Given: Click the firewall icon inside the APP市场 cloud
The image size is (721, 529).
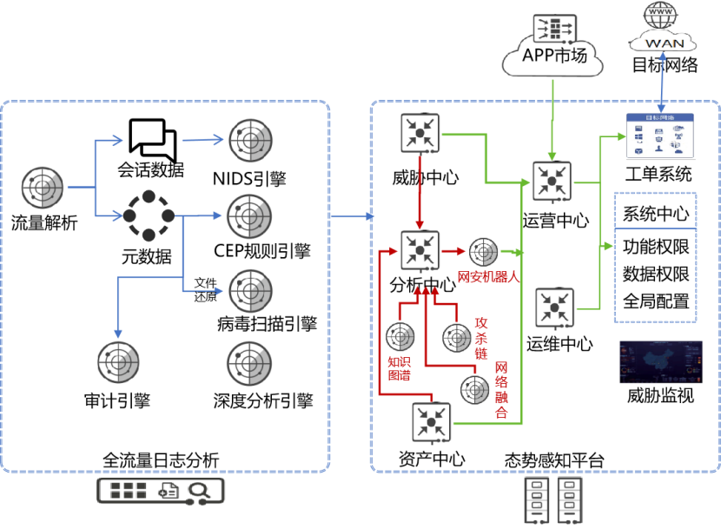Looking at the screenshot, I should (x=552, y=29).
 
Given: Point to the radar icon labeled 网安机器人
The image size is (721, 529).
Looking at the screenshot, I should (x=482, y=252).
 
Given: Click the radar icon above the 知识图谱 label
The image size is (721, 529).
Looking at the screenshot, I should (x=400, y=336).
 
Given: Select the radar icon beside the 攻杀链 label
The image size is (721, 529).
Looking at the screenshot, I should (x=456, y=336).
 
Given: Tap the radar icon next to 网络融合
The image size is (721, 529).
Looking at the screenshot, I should (x=475, y=389).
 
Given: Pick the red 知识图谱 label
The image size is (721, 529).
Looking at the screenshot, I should (x=399, y=367).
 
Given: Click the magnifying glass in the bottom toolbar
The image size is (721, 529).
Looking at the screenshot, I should (x=199, y=491).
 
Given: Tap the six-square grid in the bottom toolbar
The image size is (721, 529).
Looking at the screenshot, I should (x=129, y=491).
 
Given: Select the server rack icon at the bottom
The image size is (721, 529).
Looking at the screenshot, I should (x=553, y=500).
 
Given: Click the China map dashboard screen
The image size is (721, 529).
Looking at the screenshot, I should (x=660, y=362).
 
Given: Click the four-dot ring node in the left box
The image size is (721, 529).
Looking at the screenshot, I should (x=149, y=215).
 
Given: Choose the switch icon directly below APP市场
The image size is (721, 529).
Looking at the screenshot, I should (x=552, y=182).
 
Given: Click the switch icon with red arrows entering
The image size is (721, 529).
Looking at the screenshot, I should (x=419, y=251).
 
